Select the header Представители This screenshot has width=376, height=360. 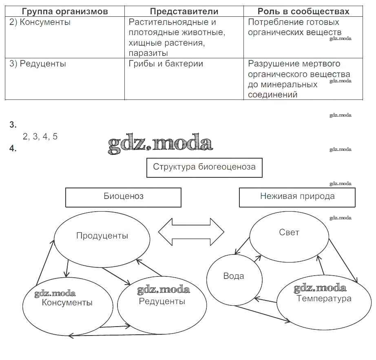click(x=184, y=11)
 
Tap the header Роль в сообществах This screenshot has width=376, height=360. click(x=304, y=11)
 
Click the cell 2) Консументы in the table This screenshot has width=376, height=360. click(x=40, y=22)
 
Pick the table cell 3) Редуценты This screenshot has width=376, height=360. click(x=38, y=64)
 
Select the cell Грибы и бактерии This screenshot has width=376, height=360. click(x=166, y=64)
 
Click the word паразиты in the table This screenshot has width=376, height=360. click(x=148, y=53)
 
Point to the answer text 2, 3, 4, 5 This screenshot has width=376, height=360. click(x=40, y=137)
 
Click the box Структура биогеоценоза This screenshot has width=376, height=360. click(x=204, y=167)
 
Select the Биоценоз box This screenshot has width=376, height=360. click(x=123, y=197)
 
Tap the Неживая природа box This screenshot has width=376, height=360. click(x=297, y=197)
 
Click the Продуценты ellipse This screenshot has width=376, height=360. click(x=102, y=236)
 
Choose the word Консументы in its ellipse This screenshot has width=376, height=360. click(x=67, y=303)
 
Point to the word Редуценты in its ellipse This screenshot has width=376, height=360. click(x=162, y=302)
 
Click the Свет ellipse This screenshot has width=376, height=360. click(x=289, y=232)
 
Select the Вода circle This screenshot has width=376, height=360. click(x=234, y=276)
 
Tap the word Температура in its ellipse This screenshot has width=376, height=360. click(x=324, y=299)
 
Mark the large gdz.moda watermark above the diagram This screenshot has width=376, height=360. click(x=160, y=144)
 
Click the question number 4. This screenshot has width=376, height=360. click(x=13, y=149)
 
